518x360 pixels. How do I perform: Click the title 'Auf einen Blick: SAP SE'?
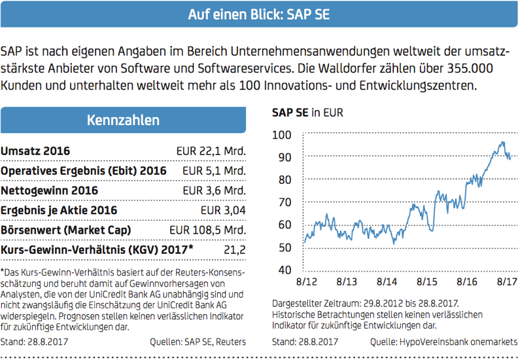click(258, 14)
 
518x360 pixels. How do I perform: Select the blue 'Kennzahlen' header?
click(123, 120)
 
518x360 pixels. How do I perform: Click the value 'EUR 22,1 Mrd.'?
click(210, 151)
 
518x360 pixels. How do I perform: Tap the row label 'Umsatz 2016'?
click(35, 151)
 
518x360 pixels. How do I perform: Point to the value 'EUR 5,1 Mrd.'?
click(213, 171)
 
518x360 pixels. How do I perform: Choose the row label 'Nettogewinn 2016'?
click(50, 190)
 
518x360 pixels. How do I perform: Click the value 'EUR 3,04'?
click(222, 210)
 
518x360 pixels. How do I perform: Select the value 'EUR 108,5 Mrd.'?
click(207, 230)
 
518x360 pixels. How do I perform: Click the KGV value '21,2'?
click(233, 249)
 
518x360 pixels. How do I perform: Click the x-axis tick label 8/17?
click(507, 283)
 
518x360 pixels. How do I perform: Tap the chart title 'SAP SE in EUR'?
click(307, 113)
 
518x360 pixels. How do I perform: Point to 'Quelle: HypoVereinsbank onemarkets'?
click(443, 341)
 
